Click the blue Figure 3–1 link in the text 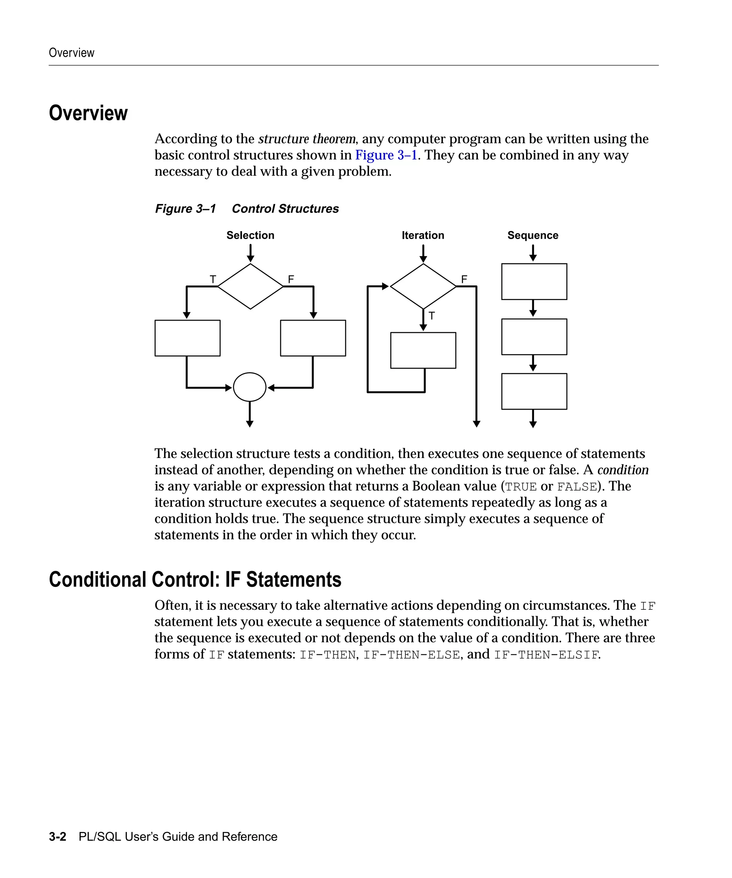(386, 155)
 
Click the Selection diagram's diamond (250, 286)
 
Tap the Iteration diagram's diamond (423, 286)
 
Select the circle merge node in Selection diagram (250, 387)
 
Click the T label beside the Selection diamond (213, 279)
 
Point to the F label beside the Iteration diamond (464, 279)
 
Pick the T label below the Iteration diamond (432, 316)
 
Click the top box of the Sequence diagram (534, 281)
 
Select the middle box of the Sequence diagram (534, 336)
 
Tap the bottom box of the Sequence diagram (534, 391)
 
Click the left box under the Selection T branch (187, 338)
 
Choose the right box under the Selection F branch (313, 338)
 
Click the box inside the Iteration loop (423, 350)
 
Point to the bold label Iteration (423, 235)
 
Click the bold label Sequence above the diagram (533, 235)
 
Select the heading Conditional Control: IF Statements (195, 580)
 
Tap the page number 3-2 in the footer (58, 837)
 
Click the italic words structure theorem (307, 139)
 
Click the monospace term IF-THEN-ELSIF (546, 655)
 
